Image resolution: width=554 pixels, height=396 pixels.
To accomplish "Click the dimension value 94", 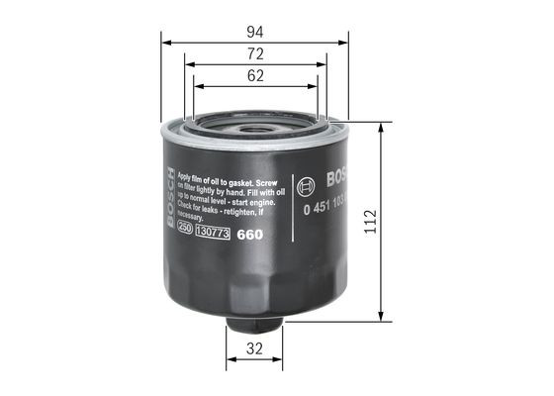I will tap(255, 32).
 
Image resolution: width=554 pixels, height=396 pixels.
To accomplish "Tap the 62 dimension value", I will tap(254, 74).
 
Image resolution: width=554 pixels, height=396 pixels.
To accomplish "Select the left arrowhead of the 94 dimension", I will tap(165, 43).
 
